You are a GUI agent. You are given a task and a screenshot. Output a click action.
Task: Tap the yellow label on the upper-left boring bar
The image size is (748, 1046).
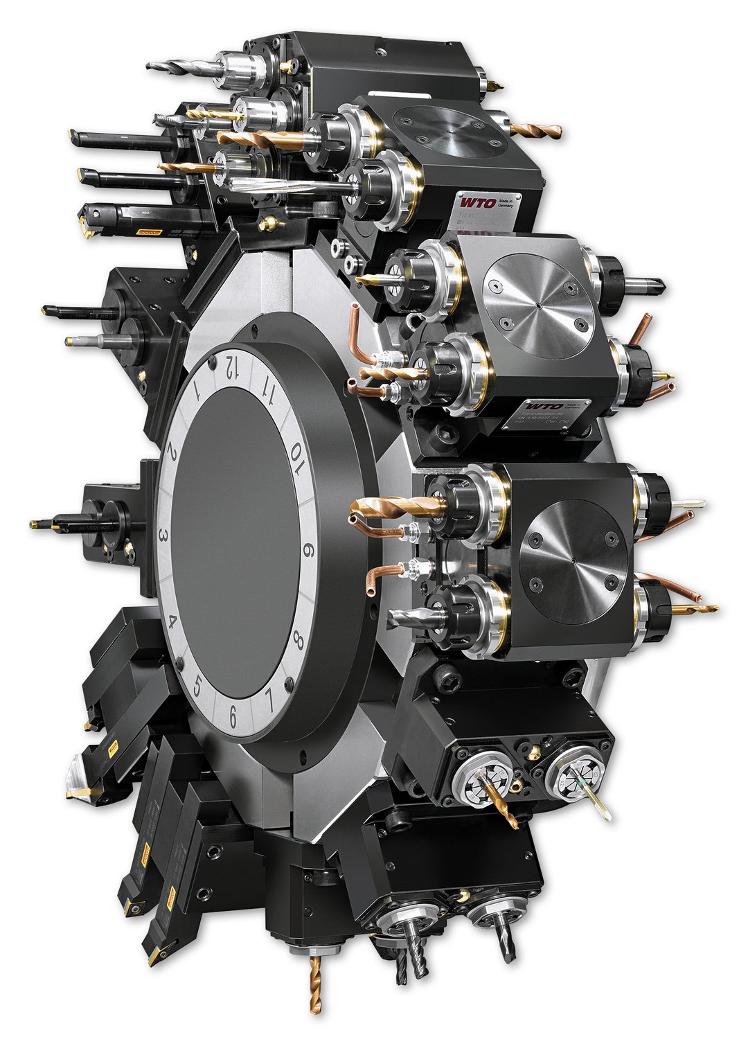point(149,232)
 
